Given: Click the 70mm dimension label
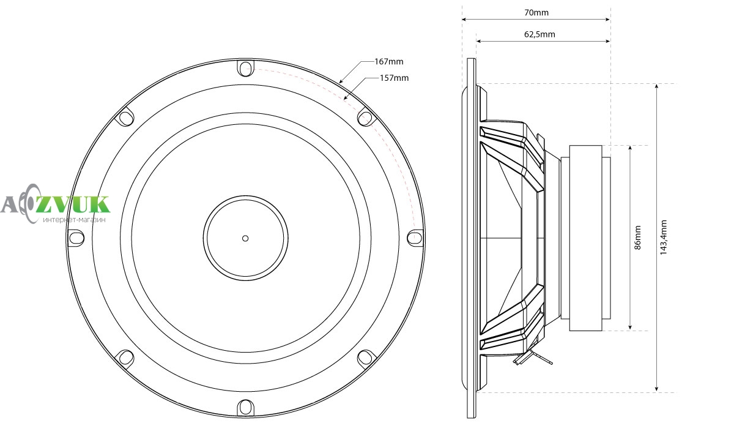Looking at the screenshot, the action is pos(536,12).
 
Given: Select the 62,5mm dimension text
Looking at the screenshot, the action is pos(539,34).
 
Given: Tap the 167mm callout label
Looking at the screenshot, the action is pos(389,62).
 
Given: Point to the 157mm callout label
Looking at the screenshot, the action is pos(394,78).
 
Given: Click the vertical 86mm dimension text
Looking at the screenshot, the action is pos(637,238).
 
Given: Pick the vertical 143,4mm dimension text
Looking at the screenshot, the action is pos(663,238).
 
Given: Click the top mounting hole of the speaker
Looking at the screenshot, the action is pos(245,69).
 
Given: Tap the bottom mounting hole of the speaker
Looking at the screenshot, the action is pos(245,408).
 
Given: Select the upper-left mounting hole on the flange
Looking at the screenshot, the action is pos(126,118).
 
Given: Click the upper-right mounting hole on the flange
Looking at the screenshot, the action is pos(365,118).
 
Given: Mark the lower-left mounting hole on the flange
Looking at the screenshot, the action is pos(126,357).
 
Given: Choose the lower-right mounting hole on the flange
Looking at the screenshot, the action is pos(365,358).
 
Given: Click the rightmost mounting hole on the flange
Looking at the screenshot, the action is pos(415,237).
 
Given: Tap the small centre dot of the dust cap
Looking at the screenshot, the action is pos(245,239).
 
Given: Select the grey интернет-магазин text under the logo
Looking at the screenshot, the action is pos(75,220).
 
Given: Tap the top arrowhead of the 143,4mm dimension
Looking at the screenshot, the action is pos(656,86).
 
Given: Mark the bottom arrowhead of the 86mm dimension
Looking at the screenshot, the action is pos(630,327).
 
